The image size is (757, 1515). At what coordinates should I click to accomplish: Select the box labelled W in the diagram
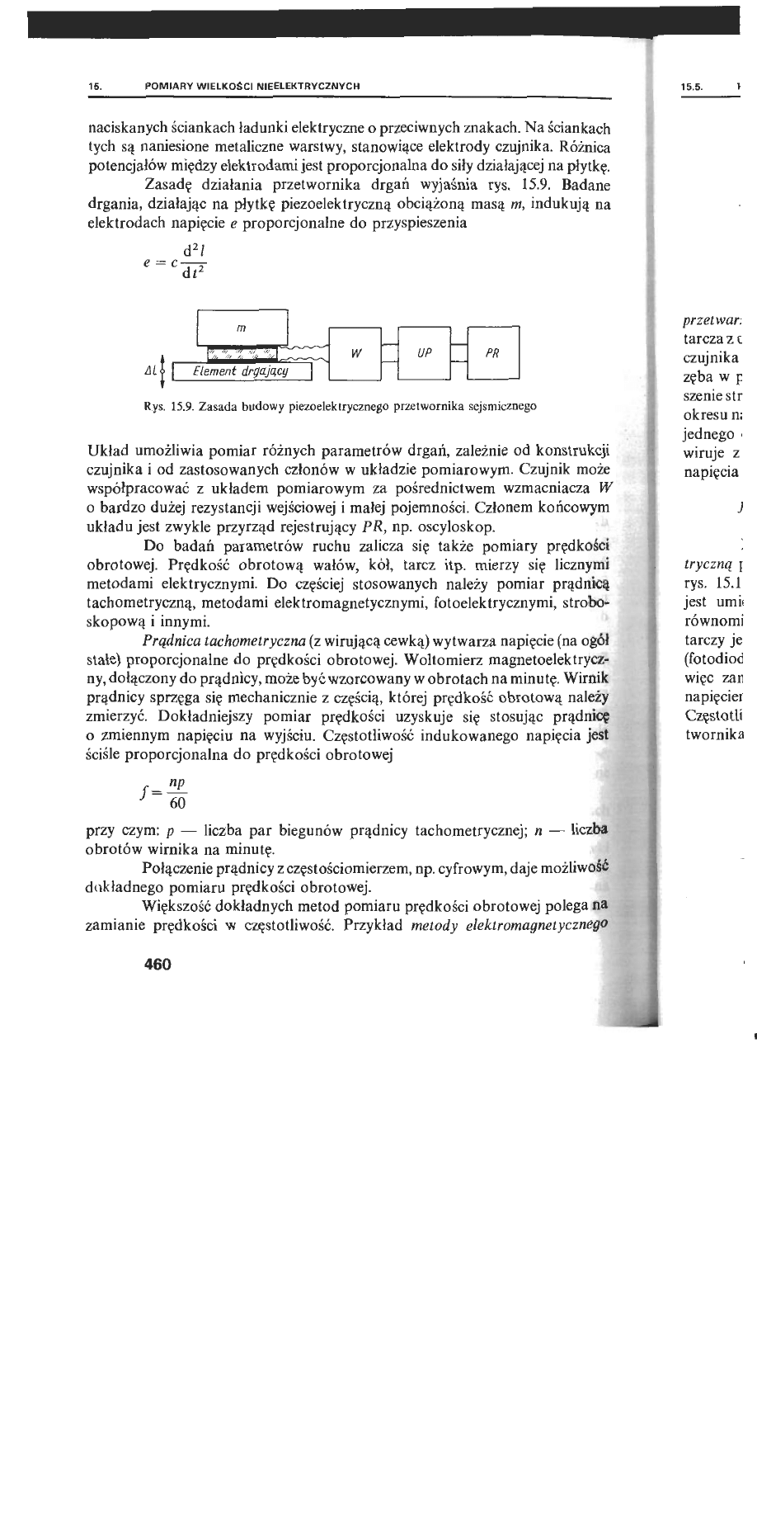(x=355, y=353)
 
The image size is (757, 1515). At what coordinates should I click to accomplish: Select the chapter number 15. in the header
(x=95, y=86)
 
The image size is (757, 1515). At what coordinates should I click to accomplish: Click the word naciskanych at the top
(x=125, y=130)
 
